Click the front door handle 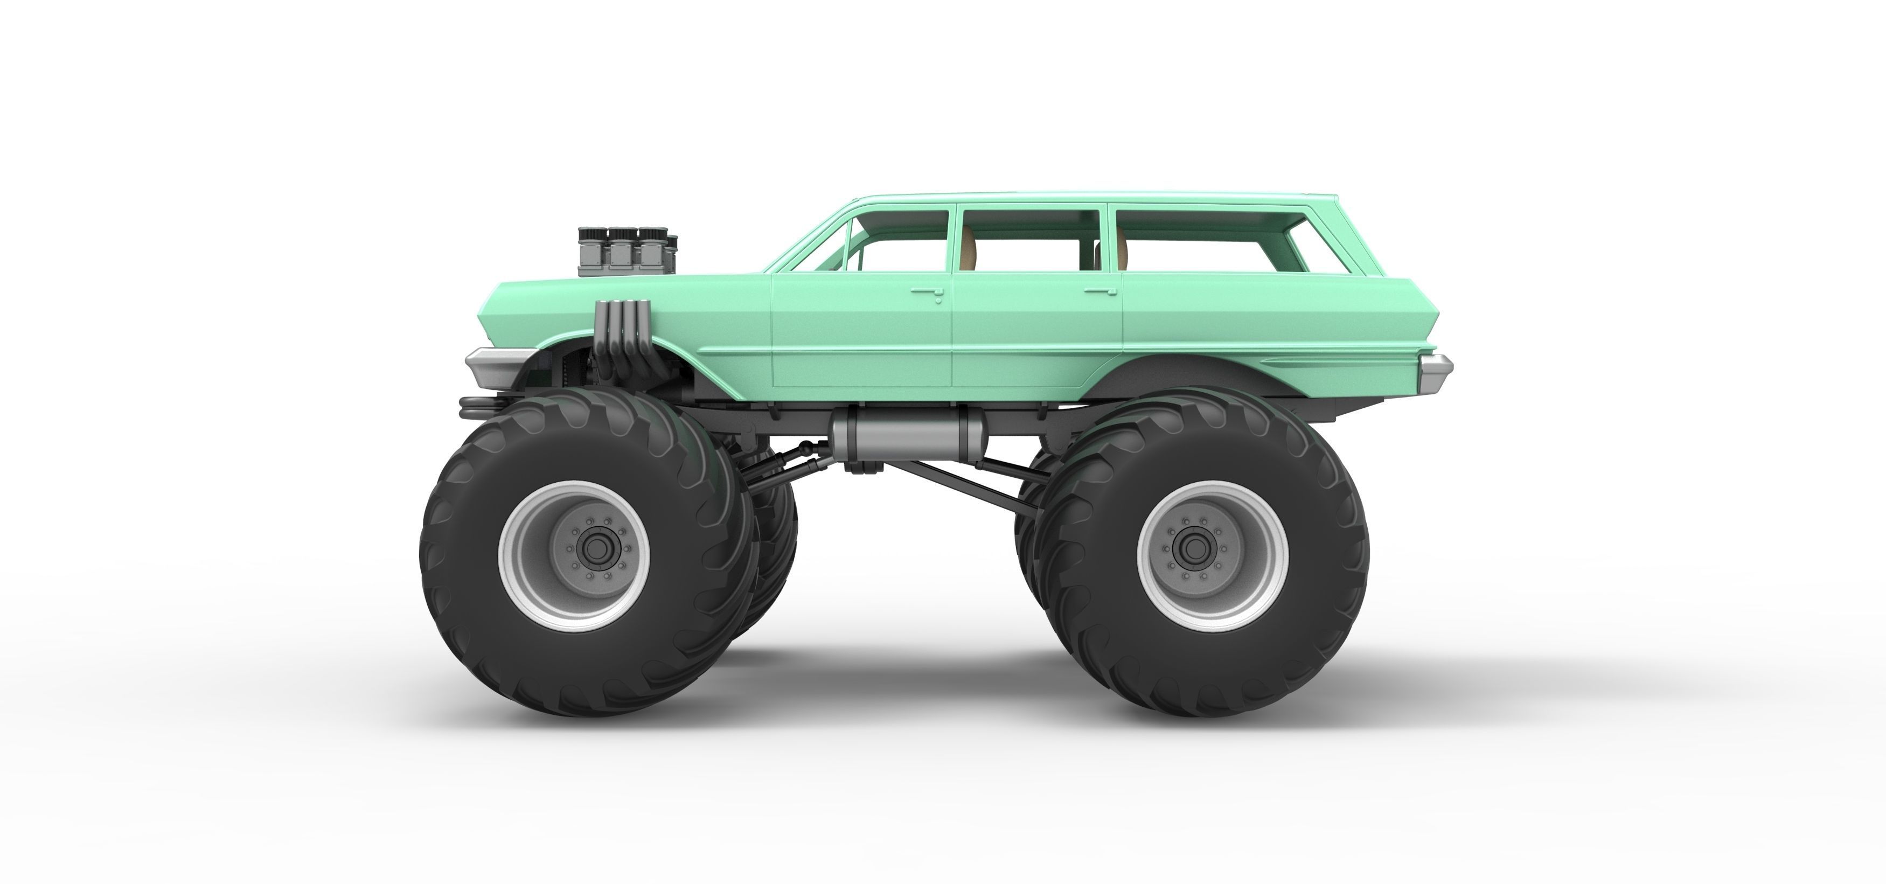tap(927, 292)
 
